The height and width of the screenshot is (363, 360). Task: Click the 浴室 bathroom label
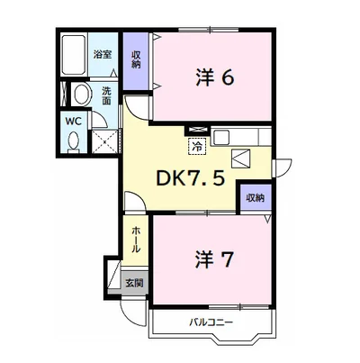click(x=103, y=55)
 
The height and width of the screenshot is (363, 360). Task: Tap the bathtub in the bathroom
click(x=74, y=55)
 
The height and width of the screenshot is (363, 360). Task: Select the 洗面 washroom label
click(x=106, y=95)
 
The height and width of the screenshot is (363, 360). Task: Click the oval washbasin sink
click(x=81, y=94)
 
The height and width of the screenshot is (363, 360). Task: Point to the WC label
click(x=74, y=122)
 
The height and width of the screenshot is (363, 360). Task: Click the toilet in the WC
click(x=74, y=141)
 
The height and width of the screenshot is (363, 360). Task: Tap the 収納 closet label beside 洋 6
click(x=136, y=59)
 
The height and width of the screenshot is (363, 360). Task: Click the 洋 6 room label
click(x=215, y=77)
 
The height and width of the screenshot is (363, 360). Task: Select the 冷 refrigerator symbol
click(x=197, y=146)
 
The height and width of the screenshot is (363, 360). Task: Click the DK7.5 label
click(x=191, y=179)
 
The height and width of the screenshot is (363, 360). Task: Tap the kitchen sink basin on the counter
click(x=221, y=138)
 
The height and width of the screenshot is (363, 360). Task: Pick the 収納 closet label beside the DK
click(x=256, y=198)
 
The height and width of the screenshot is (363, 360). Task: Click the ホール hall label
click(x=136, y=240)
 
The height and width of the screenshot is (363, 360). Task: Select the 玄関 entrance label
click(x=134, y=283)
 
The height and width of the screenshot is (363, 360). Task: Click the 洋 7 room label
click(x=214, y=259)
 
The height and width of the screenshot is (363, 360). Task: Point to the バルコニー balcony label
click(x=211, y=323)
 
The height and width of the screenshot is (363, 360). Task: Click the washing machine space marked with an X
click(x=104, y=141)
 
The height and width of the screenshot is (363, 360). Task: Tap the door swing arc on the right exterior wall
click(x=283, y=168)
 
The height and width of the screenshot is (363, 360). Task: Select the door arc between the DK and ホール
click(x=135, y=201)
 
